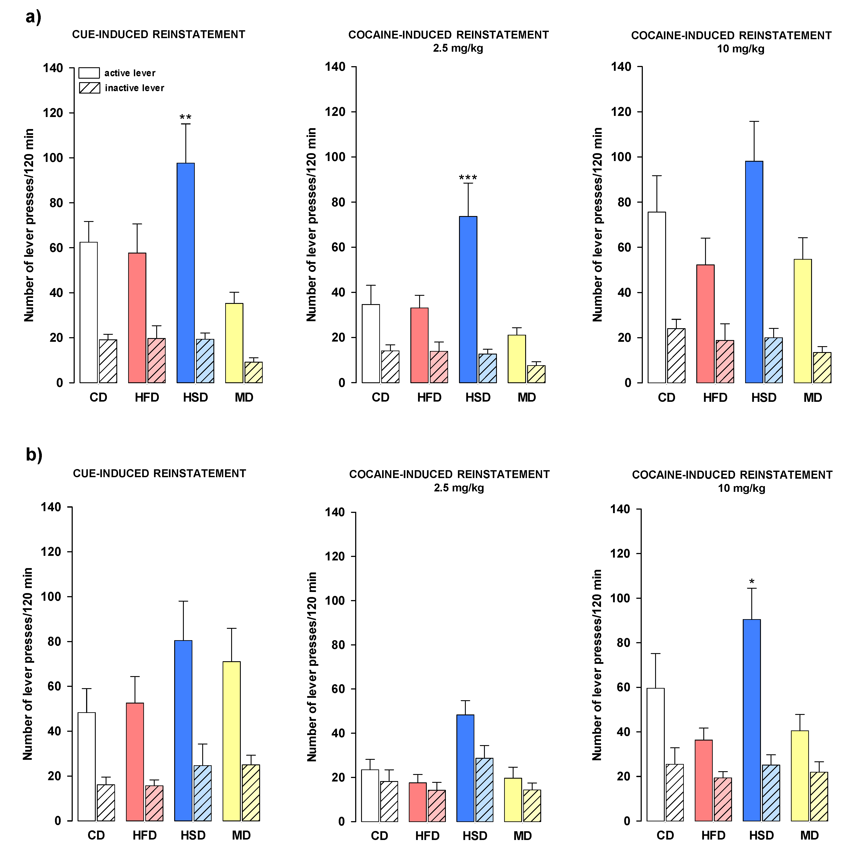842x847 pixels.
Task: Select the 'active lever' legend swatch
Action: coord(89,73)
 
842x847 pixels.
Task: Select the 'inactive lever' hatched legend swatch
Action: coord(89,88)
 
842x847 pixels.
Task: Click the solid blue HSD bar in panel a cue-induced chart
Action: coord(185,272)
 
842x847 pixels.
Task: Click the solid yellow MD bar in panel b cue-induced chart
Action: coord(231,741)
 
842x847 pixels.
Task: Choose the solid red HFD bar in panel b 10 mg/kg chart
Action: coord(704,780)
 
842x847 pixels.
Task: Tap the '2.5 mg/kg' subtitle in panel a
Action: coord(458,48)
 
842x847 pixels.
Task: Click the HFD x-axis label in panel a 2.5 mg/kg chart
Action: coord(429,398)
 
